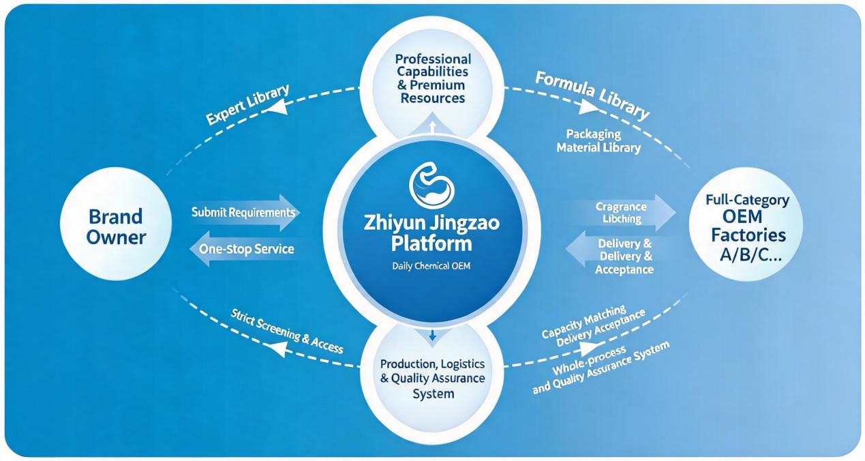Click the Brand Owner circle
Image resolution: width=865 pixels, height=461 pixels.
coord(116,224)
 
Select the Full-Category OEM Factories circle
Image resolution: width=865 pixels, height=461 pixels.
coord(746,224)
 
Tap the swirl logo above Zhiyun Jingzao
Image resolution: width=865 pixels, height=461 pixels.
coord(431,185)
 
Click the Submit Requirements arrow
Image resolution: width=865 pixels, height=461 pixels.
coord(245,213)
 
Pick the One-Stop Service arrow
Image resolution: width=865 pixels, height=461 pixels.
coord(245,249)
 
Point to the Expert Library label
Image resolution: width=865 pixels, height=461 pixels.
coord(247,105)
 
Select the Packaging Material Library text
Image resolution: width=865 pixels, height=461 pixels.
coord(598,141)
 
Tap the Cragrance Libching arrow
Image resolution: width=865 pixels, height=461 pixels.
coord(621,213)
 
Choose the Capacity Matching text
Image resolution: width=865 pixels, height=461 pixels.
coord(584,321)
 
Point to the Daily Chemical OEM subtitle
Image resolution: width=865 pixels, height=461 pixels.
coord(431,266)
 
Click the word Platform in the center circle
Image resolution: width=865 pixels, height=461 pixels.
coord(431,244)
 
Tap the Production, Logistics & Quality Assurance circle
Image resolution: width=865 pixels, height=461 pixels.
coord(432,379)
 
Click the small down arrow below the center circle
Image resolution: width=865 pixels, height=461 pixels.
coord(432,335)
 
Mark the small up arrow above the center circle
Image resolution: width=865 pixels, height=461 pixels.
coord(432,127)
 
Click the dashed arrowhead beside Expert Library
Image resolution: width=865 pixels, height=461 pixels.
coord(277,106)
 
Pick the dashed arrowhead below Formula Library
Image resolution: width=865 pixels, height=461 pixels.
coord(588,106)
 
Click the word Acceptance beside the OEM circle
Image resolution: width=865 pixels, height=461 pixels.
coord(624,269)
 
